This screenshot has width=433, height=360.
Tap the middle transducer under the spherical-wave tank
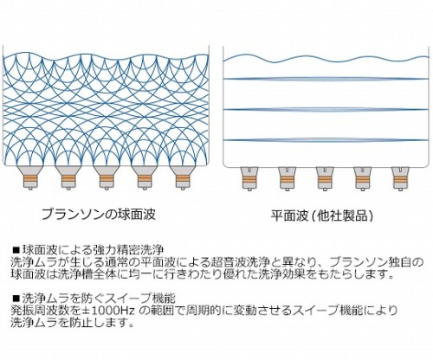pyautogui.click(x=107, y=177)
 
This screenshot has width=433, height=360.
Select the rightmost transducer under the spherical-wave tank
pyautogui.click(x=183, y=177)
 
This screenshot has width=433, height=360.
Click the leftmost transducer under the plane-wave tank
pyautogui.click(x=249, y=179)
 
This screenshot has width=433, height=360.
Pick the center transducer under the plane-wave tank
pyautogui.click(x=325, y=179)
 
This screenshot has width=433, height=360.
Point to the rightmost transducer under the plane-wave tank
pyautogui.click(x=401, y=179)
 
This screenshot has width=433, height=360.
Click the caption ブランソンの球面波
pyautogui.click(x=99, y=215)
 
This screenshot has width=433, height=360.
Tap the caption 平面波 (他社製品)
pyautogui.click(x=322, y=215)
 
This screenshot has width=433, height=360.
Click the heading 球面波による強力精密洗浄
pyautogui.click(x=94, y=249)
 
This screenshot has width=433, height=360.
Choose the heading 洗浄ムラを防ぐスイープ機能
pyautogui.click(x=99, y=298)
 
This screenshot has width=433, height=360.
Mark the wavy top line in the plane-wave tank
pyautogui.click(x=326, y=59)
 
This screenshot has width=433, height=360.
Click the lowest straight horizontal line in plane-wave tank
pyautogui.click(x=326, y=140)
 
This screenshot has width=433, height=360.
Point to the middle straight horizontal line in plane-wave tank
pyautogui.click(x=326, y=109)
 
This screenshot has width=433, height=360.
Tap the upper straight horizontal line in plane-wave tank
pyautogui.click(x=326, y=79)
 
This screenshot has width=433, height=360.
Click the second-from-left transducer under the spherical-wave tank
pyautogui.click(x=68, y=177)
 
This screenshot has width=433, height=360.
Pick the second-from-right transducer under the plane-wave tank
pyautogui.click(x=363, y=179)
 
